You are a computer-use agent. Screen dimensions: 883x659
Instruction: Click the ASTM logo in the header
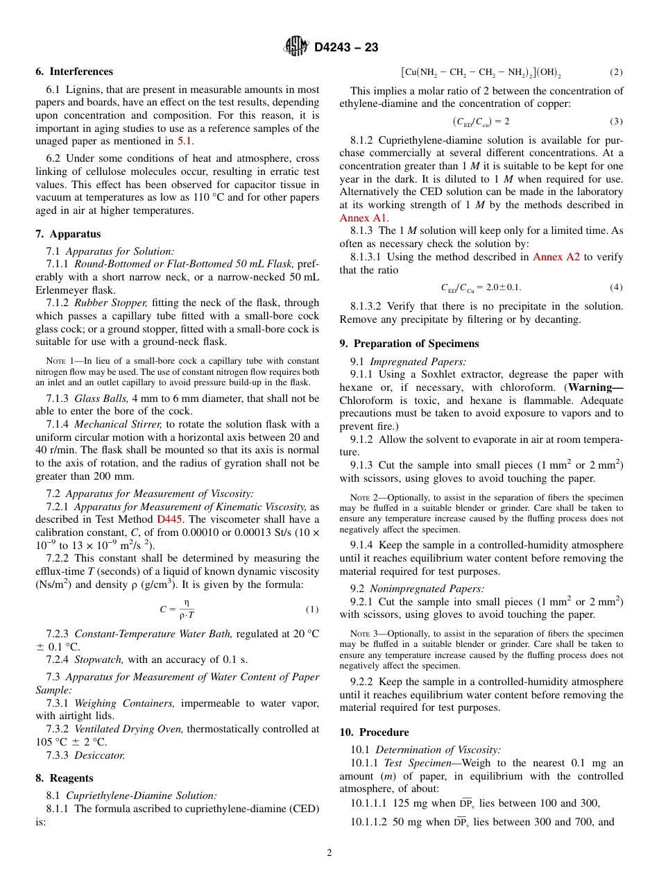[296, 47]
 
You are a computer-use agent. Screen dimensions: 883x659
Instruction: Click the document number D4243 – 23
[346, 48]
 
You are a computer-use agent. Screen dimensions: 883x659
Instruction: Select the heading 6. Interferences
[74, 72]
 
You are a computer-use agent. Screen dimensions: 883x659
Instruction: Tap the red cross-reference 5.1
[185, 141]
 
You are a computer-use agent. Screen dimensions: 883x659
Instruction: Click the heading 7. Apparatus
[68, 234]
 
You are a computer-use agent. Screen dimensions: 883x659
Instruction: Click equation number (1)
[311, 609]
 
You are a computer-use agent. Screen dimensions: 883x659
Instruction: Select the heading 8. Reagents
[65, 778]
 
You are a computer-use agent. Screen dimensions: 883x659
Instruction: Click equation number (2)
[616, 72]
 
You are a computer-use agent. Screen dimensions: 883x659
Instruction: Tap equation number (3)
[616, 121]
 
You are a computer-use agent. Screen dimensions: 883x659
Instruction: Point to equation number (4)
[616, 287]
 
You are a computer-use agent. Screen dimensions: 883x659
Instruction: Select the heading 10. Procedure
[375, 732]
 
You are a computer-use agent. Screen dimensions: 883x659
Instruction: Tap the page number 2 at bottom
[329, 853]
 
